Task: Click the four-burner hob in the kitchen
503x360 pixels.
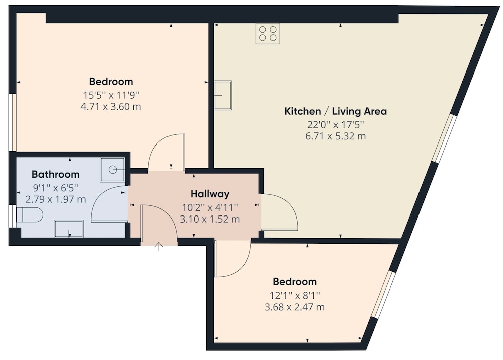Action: pos(268,33)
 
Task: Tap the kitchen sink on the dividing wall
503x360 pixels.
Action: pos(223,95)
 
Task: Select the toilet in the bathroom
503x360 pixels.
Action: pos(29,215)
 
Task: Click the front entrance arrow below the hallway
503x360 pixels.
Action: pos(159,246)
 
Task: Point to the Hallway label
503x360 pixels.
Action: pos(210,194)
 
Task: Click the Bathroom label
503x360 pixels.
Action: pos(55,174)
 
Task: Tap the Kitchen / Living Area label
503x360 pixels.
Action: pos(336,111)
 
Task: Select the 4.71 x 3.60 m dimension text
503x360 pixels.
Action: pos(111,106)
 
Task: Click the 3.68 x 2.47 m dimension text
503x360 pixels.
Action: pos(294,307)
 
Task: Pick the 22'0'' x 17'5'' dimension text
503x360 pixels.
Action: pos(336,124)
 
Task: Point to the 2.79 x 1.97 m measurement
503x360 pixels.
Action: pos(55,199)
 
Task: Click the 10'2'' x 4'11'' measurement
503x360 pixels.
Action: pos(210,207)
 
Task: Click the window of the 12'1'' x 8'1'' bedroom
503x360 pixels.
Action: pos(383,294)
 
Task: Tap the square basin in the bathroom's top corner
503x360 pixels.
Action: pos(112,170)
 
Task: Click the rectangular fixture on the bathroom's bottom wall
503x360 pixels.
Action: pos(69,228)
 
